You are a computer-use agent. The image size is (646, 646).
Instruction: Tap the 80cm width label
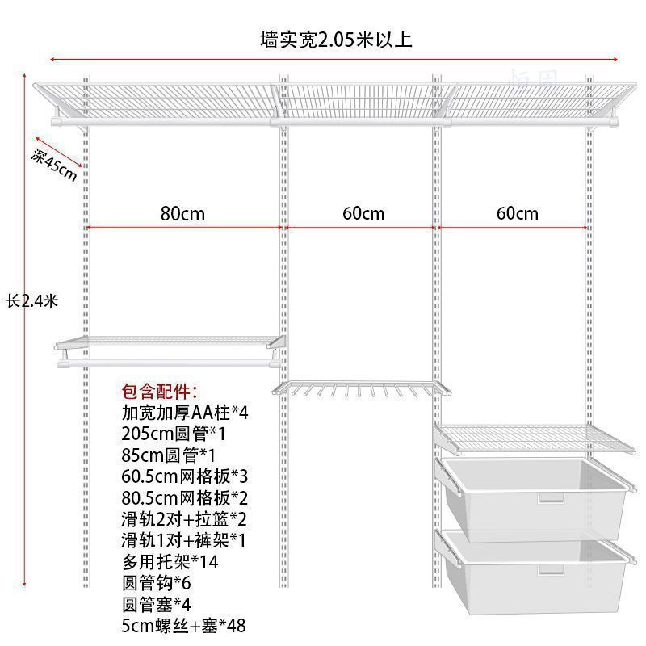pos(182,213)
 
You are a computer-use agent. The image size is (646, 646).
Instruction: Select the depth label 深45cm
pos(55,165)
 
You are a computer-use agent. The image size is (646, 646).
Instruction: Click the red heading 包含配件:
pos(159,392)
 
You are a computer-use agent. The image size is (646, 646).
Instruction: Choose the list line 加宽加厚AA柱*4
pos(185,413)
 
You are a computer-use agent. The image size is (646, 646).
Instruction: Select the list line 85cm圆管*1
pos(169,455)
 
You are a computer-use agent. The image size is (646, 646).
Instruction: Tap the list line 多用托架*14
pos(170,561)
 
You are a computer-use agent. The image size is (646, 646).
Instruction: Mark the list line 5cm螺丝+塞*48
pos(184,625)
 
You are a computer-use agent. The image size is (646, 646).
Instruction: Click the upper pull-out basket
pos(533,489)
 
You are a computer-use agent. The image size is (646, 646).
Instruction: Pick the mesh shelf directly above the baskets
pos(529,437)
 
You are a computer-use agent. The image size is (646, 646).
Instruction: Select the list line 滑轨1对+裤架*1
pos(183,540)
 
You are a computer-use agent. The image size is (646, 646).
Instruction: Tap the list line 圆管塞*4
pos(160,603)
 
